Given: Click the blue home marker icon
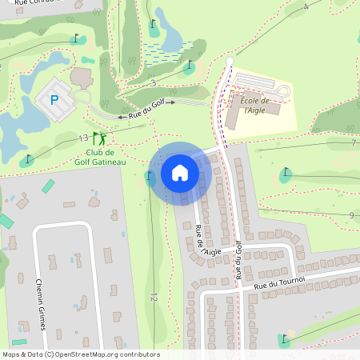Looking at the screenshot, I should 180,172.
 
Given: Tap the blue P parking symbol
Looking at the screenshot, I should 54,100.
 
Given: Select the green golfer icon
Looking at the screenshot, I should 99,138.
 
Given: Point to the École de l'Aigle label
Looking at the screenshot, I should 252,105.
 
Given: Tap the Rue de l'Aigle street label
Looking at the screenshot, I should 206,240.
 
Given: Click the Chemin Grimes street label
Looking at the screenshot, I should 39,304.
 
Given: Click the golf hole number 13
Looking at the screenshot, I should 83,138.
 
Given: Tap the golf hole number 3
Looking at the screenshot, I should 152,82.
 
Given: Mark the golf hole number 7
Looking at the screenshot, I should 352,142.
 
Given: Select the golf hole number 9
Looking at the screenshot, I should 350,215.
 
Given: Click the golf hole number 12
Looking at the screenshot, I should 153,298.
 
